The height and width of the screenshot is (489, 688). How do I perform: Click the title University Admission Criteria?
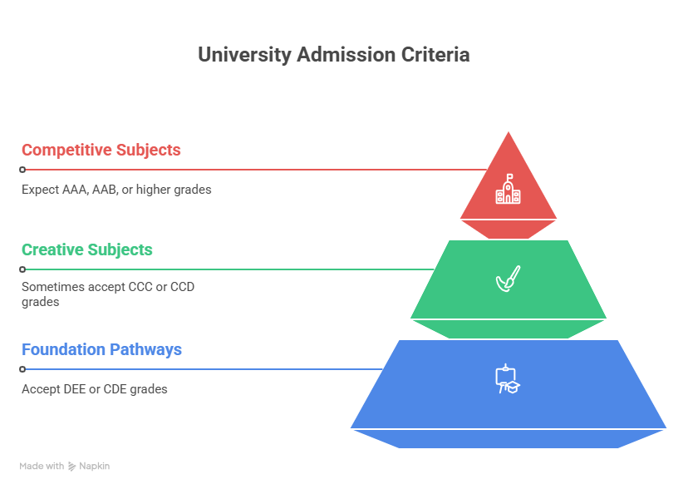333,56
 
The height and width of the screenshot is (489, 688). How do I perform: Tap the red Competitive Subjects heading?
101,151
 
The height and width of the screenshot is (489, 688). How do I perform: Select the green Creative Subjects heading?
87,250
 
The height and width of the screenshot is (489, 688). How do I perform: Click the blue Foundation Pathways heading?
101,350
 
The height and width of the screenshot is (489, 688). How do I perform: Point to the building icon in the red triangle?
508,190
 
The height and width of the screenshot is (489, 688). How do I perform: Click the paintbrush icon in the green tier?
508,279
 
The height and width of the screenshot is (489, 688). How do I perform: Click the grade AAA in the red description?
72,190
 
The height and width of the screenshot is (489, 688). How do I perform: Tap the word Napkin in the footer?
95,467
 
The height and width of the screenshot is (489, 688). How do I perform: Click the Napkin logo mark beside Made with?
72,467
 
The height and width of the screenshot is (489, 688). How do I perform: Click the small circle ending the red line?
22,170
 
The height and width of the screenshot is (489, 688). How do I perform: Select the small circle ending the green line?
22,269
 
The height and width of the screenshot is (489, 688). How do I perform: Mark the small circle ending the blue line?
22,369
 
